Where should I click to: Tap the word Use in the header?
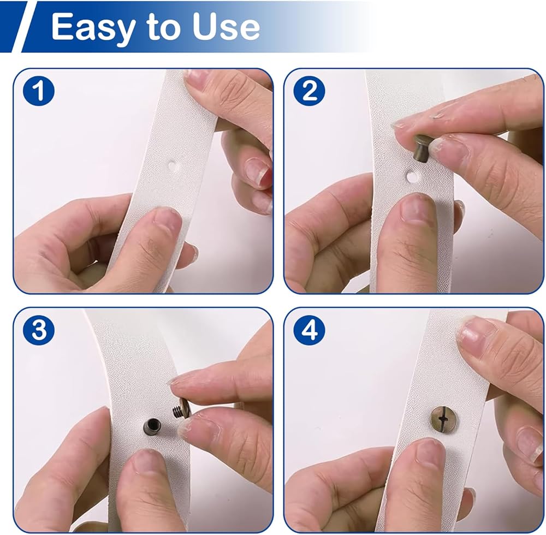click(x=225, y=27)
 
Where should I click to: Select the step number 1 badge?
click(x=39, y=91)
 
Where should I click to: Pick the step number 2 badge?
click(x=309, y=91)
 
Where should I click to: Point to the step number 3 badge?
click(x=39, y=329)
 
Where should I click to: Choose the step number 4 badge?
click(x=309, y=329)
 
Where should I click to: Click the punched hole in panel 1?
click(x=172, y=165)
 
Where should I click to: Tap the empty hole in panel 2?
click(x=412, y=176)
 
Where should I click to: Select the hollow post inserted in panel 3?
click(x=152, y=426)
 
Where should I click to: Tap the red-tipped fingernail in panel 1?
click(x=258, y=171)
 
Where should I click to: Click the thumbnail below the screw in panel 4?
click(x=430, y=454)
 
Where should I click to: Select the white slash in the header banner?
click(x=21, y=27)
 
